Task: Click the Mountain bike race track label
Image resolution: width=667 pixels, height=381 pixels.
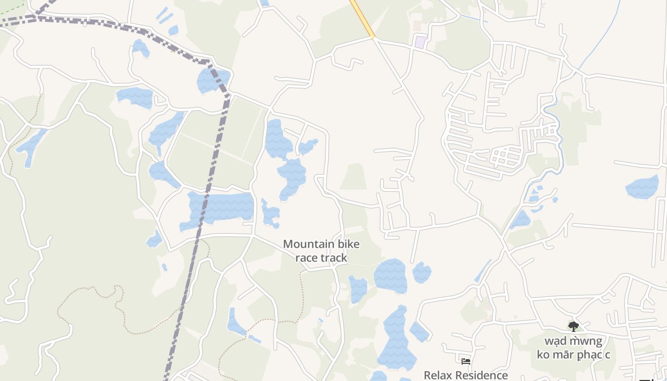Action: tap(321, 251)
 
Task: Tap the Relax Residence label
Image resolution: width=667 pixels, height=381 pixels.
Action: tap(465, 375)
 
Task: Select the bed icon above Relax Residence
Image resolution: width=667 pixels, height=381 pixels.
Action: tap(466, 361)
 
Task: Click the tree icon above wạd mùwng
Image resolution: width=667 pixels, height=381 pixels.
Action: tap(573, 326)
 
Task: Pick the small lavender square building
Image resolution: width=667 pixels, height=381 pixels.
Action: tap(420, 42)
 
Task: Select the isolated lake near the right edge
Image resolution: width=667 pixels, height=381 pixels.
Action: tap(642, 187)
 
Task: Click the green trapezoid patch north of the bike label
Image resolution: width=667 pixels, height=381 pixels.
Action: tap(354, 177)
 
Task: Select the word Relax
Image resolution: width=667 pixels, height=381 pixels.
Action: tap(441, 375)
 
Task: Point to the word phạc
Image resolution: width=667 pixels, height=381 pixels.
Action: tap(590, 355)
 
